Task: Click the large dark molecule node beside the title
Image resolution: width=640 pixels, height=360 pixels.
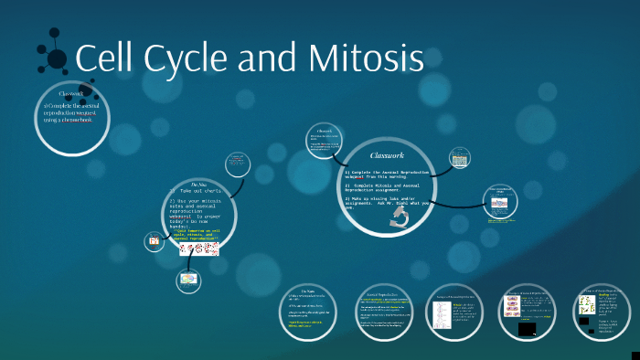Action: (57, 59)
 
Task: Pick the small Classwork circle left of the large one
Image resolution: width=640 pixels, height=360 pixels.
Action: (324, 143)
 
